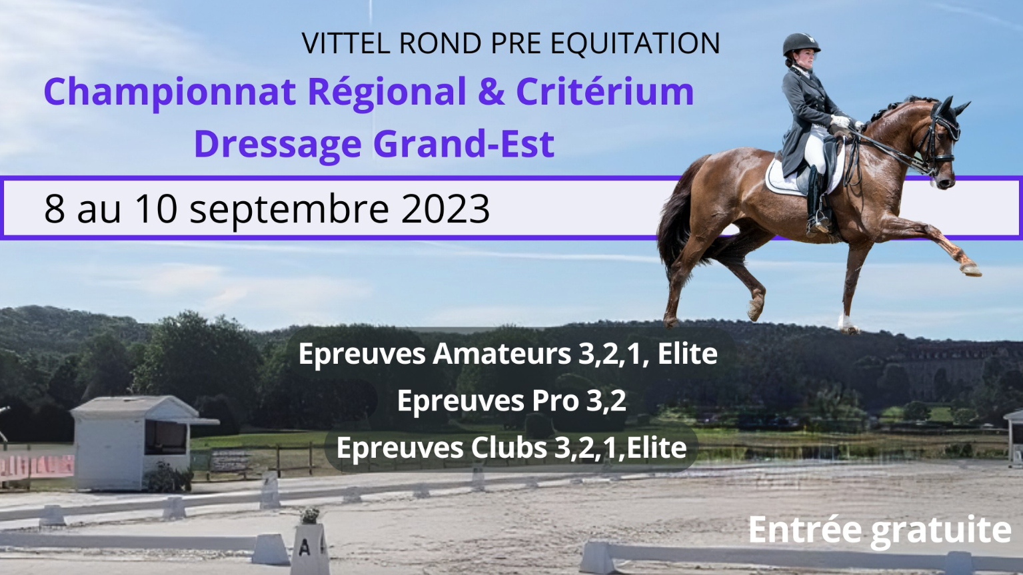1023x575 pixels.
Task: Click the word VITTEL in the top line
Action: [346, 43]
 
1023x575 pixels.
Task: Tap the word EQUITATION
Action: [635, 44]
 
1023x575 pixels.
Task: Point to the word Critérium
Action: [605, 91]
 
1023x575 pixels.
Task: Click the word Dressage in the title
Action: [278, 143]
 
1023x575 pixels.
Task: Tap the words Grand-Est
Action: [464, 143]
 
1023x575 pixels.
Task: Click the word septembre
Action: [289, 210]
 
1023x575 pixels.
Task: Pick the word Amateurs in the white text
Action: [501, 354]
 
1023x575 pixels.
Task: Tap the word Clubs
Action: [509, 448]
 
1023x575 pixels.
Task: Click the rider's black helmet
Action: [801, 44]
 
